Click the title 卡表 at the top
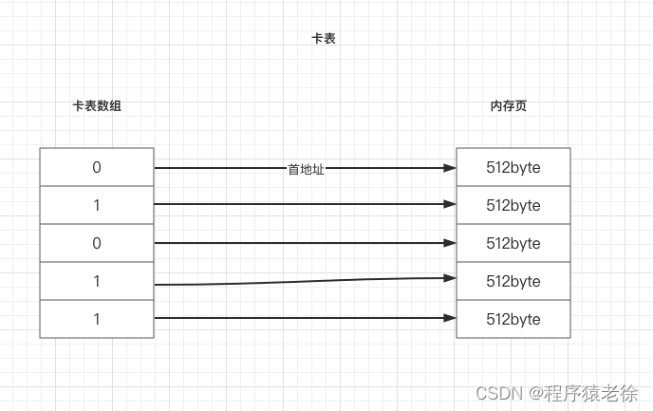[324, 39]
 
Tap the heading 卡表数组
[97, 106]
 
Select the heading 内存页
[508, 106]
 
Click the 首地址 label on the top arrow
[306, 169]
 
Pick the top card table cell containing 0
[97, 167]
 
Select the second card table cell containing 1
[97, 205]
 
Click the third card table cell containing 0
[97, 243]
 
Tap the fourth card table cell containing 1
[97, 281]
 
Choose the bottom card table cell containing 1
[97, 319]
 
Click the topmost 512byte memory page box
[513, 167]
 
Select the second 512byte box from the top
[513, 205]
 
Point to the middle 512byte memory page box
[513, 243]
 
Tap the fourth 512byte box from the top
[513, 281]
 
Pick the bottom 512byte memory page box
[513, 319]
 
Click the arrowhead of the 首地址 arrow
[449, 168]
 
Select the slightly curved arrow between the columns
[304, 280]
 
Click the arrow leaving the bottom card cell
[304, 318]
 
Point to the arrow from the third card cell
[304, 243]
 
